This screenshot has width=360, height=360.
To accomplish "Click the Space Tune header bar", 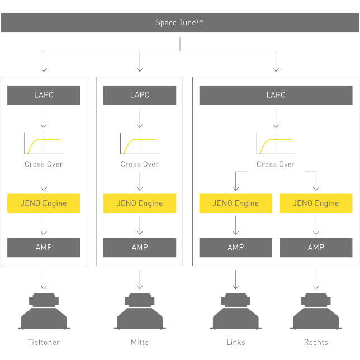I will point(179,23).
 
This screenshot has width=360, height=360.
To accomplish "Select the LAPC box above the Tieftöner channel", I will point(44,95).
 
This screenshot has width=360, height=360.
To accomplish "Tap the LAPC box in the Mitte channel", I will point(140,95).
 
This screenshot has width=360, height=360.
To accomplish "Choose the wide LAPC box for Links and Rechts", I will point(276,95).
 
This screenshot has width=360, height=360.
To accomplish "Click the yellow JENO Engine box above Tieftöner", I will point(44,203).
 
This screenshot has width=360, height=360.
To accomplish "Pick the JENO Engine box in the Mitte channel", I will point(140,203).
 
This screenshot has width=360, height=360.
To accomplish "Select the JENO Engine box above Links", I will point(236,203).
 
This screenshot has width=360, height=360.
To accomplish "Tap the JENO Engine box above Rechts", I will point(316,203).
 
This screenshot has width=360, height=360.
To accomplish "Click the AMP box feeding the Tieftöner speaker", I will point(44,247).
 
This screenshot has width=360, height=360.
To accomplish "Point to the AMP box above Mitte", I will point(140,247).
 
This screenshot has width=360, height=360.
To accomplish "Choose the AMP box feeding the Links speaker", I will point(236,247).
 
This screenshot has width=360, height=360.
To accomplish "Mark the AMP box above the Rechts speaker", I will point(316,247).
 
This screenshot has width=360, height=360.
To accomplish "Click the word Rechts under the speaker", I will point(316,342).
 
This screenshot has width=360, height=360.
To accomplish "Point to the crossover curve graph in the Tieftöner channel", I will point(44,144).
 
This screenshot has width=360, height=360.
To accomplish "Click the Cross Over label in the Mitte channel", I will point(140,164).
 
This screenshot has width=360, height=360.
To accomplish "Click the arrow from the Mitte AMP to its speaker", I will point(140,278).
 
